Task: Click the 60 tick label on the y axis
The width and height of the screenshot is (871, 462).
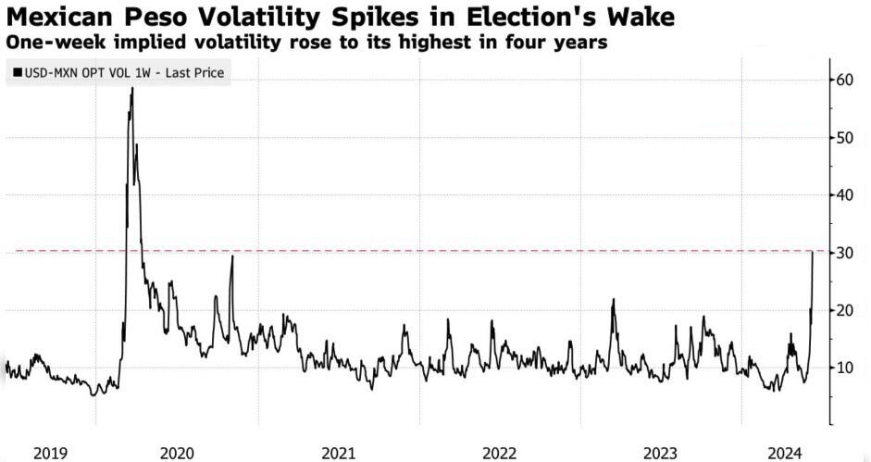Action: [x=845, y=80]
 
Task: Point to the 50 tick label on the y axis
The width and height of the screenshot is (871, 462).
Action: [x=845, y=137]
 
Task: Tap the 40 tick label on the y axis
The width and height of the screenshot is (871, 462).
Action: [x=845, y=194]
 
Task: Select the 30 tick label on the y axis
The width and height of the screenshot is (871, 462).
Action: [x=845, y=253]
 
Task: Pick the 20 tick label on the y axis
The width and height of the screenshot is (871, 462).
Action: [x=845, y=309]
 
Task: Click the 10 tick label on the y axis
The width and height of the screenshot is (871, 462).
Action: [x=845, y=368]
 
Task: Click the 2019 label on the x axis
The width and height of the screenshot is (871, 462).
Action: [x=50, y=453]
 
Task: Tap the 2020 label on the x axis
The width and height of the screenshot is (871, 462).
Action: [x=177, y=453]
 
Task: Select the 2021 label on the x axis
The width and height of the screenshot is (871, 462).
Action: [x=338, y=453]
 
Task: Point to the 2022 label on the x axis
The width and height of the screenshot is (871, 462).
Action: [x=500, y=453]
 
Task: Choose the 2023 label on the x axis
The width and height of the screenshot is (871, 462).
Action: [x=661, y=453]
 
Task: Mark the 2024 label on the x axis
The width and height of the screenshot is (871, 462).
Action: [x=785, y=453]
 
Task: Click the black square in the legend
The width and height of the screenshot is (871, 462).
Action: [x=18, y=72]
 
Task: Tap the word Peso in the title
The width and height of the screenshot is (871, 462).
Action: [x=155, y=18]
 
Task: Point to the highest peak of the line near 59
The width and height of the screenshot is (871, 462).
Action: [x=132, y=88]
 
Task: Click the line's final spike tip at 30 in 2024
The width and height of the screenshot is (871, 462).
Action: [x=814, y=252]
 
